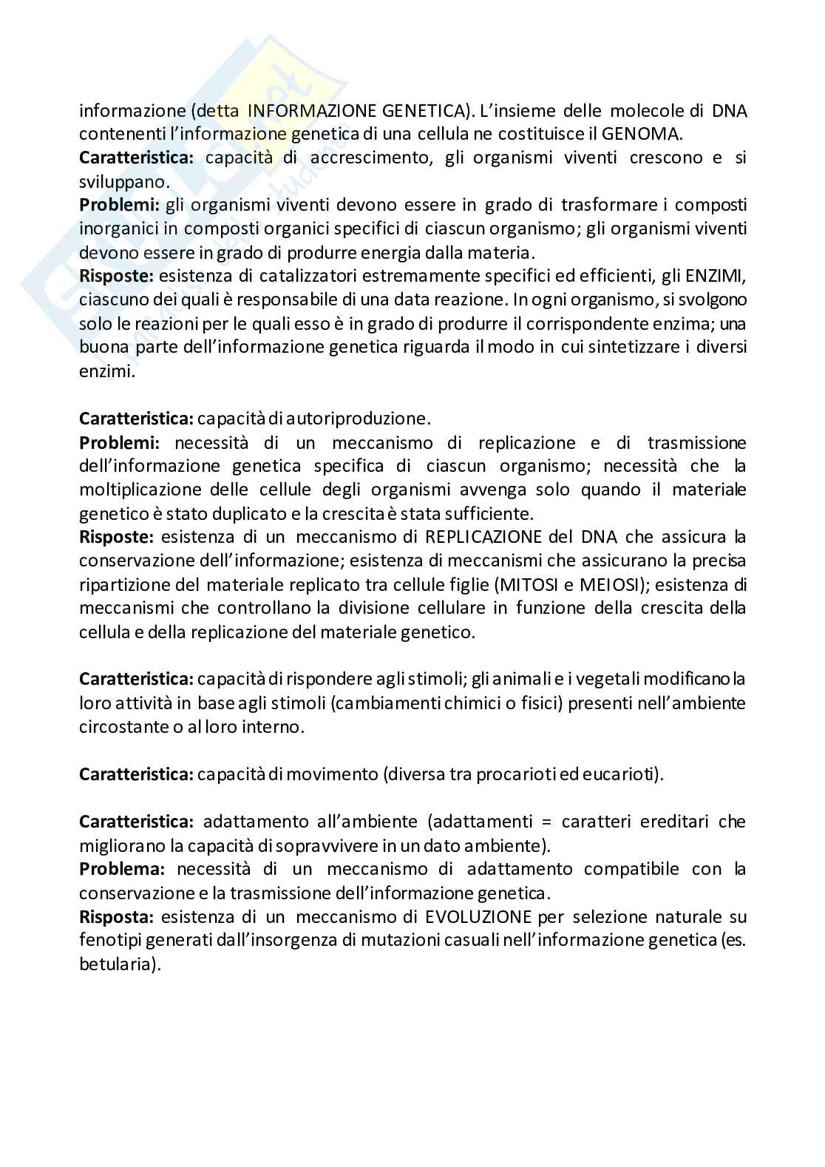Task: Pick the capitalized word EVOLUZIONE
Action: click(478, 917)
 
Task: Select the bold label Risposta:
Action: click(116, 917)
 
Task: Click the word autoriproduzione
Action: click(364, 419)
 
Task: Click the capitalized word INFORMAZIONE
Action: click(312, 110)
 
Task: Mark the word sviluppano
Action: click(115, 181)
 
